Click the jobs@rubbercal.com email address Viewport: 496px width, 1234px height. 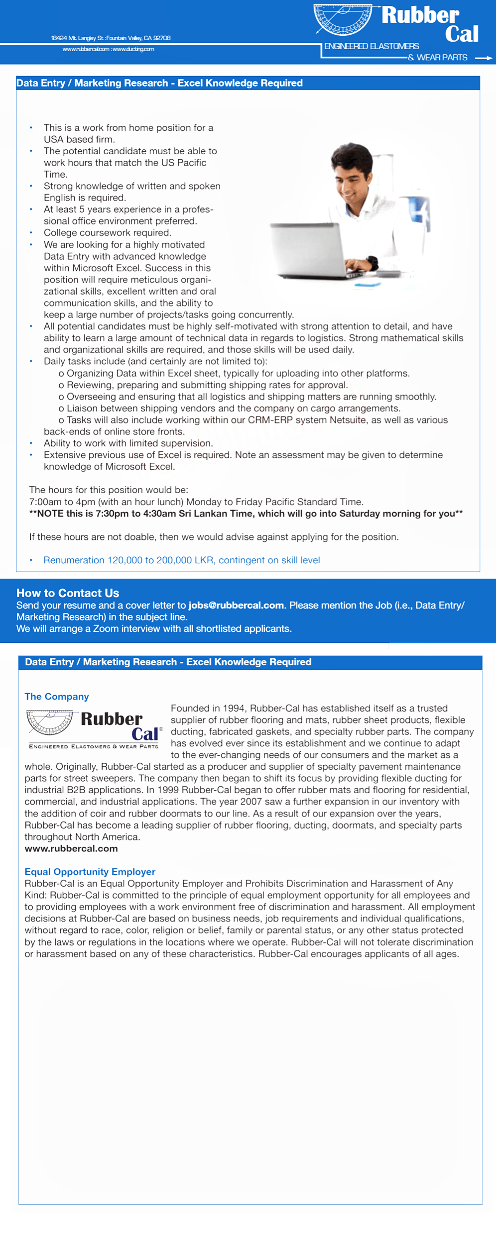(x=236, y=606)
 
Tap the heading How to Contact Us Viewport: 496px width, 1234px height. (x=68, y=593)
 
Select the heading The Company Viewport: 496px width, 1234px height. (x=57, y=697)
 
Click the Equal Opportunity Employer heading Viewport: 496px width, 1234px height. (x=90, y=872)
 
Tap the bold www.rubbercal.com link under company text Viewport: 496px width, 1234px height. (x=71, y=848)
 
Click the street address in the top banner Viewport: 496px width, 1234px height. (x=111, y=38)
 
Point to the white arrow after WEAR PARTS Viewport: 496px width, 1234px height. (x=483, y=58)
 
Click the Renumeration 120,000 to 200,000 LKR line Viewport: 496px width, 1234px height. (x=182, y=560)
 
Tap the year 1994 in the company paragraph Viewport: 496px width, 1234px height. (x=234, y=708)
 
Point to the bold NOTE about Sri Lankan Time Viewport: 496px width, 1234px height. (x=246, y=514)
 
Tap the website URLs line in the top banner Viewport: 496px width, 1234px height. (x=108, y=49)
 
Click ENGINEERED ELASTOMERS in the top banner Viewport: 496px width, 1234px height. (x=372, y=46)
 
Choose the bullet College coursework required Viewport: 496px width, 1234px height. (x=108, y=233)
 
